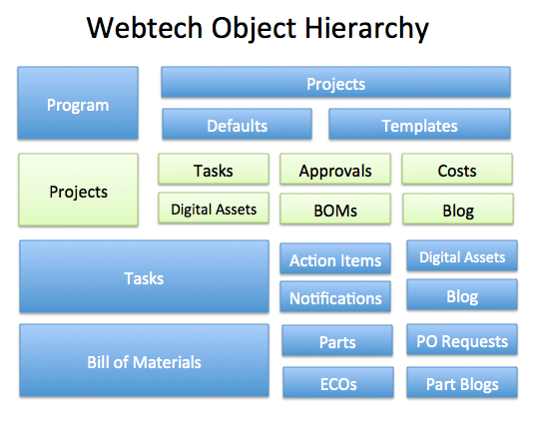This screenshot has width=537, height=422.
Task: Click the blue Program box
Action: click(78, 104)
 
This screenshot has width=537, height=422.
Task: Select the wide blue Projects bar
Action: click(335, 84)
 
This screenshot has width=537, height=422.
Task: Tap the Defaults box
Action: click(237, 125)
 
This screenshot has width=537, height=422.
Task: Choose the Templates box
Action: click(419, 125)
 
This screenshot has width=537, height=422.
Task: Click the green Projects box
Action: click(78, 191)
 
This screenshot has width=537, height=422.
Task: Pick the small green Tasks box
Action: click(214, 171)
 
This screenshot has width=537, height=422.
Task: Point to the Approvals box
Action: click(335, 171)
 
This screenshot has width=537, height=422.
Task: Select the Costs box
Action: click(457, 171)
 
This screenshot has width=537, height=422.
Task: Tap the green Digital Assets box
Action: click(214, 209)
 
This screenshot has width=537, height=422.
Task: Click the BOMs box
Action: click(335, 210)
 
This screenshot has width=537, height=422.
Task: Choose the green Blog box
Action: click(458, 210)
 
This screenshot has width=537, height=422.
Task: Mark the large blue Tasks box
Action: click(144, 278)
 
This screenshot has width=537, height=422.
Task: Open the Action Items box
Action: click(335, 260)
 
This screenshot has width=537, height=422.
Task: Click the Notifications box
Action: click(335, 297)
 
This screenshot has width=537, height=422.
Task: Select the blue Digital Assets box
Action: click(462, 256)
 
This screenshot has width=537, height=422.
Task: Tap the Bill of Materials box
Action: click(144, 361)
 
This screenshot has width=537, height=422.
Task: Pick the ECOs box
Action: click(335, 383)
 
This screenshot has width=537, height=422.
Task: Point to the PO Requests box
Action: click(462, 341)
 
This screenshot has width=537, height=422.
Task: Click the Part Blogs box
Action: click(462, 383)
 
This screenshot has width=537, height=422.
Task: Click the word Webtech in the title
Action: click(145, 28)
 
